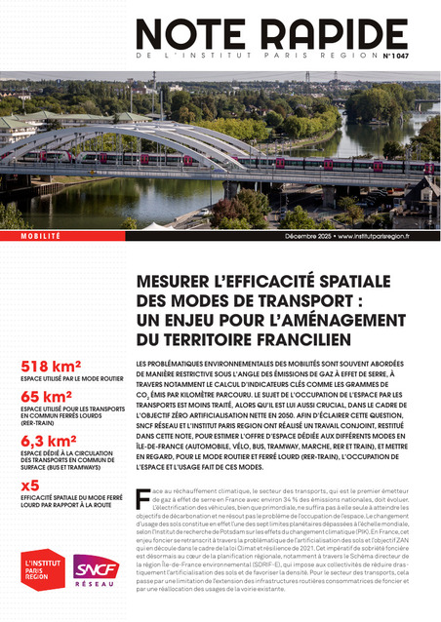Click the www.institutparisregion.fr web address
[x=386, y=237]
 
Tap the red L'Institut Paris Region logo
[x=42, y=568]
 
